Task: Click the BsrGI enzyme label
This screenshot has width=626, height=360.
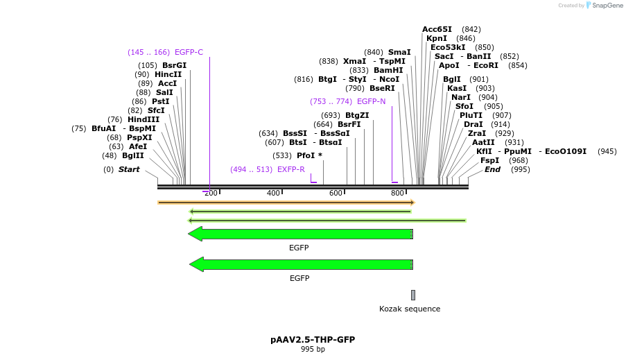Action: pos(174,65)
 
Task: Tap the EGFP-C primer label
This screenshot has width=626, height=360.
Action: pos(189,52)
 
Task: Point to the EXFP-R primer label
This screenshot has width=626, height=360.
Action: pos(290,169)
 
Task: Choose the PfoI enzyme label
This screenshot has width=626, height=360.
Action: pos(305,155)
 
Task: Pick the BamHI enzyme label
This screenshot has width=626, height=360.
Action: pos(388,70)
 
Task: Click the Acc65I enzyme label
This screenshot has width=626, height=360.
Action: pos(437,29)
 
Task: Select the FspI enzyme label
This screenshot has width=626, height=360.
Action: pos(489,160)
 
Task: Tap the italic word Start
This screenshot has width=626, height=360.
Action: pos(128,169)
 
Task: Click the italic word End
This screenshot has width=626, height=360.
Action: pos(492,169)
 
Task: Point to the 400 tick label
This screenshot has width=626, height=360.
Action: pos(273,193)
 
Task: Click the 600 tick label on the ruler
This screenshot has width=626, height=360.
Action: pos(336,193)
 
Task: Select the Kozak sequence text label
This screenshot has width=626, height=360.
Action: pos(410,309)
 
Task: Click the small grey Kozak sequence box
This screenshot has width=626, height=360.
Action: pos(413,295)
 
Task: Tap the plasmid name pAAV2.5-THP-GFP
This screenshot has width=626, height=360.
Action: pos(313,339)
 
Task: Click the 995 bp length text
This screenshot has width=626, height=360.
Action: pos(313,349)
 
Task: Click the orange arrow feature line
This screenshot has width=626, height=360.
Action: pos(286,203)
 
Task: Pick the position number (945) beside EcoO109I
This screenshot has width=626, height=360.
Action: pos(607,151)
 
